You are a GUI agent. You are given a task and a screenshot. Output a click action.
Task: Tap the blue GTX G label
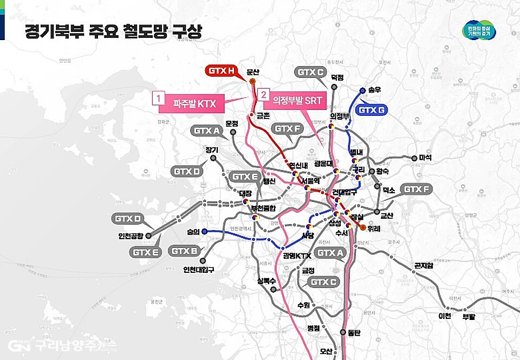[x=372, y=110]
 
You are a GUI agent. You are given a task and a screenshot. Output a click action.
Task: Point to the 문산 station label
[x=253, y=71]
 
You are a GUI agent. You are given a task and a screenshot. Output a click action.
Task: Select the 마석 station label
[x=425, y=158]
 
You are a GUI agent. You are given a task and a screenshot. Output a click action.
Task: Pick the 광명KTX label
[x=297, y=256]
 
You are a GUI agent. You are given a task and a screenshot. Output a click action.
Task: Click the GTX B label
[x=186, y=251]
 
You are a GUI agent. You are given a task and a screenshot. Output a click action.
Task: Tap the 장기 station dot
[x=213, y=159]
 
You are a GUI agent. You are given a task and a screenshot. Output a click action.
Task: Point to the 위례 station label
[x=374, y=228]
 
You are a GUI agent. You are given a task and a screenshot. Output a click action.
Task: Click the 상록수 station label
[x=266, y=280]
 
